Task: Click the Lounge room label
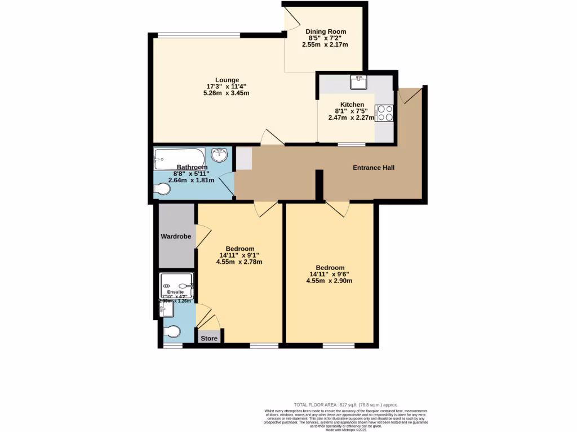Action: [227, 80]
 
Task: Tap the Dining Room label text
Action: [325, 31]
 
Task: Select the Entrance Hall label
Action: [374, 168]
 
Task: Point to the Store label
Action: [209, 338]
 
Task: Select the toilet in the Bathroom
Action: [162, 190]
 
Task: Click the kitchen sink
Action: [358, 83]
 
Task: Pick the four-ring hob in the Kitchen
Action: [385, 113]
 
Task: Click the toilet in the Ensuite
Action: [172, 332]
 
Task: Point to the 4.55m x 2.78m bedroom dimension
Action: [239, 262]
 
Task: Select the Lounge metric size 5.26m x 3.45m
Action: [226, 93]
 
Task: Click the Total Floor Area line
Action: [346, 404]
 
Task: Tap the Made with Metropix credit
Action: [346, 430]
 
